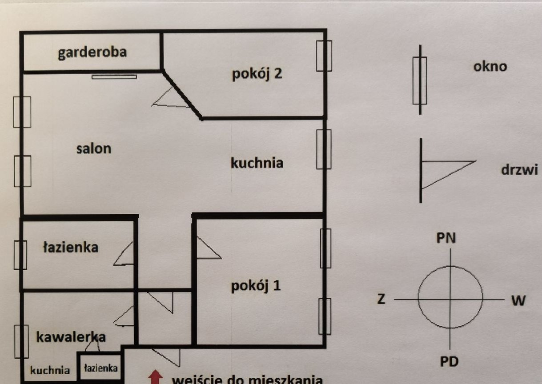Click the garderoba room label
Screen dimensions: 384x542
point(92,52)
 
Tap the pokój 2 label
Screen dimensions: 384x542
point(257,73)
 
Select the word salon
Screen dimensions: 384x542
point(93,148)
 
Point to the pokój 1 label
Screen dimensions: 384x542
point(256,286)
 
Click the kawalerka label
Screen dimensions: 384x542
point(71,337)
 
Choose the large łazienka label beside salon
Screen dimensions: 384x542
point(70,247)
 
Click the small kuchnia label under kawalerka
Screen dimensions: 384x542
point(50,370)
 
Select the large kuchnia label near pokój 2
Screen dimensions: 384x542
point(257,163)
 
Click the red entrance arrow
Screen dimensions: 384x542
point(155,377)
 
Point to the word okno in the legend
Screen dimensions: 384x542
point(490,67)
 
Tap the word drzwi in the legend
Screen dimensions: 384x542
point(519,170)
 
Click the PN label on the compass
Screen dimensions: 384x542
point(446,238)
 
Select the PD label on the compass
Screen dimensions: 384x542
point(449,361)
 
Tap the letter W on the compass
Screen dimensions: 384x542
point(518,301)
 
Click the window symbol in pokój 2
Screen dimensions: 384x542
point(324,56)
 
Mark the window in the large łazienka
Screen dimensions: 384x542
point(20,255)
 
